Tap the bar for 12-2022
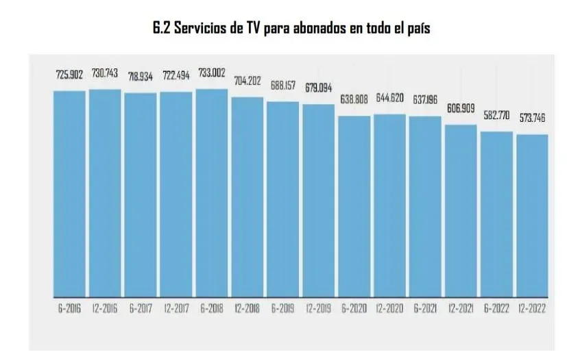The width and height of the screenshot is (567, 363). coord(532,216)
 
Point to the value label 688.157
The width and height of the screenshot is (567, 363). coord(283,87)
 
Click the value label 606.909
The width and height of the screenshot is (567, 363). coord(461,109)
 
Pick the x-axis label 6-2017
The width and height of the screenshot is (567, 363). coord(141,309)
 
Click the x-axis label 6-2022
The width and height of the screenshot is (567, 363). coord(496,309)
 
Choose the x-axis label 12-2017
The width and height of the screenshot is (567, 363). coord(176,309)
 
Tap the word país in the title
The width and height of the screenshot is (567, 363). coord(415,29)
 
